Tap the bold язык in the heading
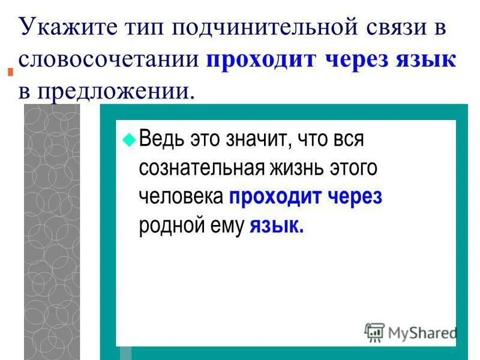tap(425, 61)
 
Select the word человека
tap(181, 197)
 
